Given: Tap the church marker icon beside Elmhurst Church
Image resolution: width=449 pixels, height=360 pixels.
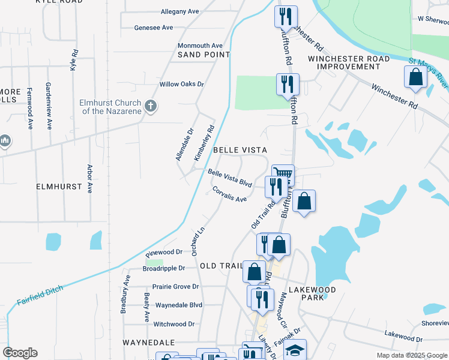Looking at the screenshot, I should (x=151, y=106).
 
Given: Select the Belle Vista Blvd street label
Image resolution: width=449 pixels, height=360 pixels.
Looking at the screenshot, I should (x=229, y=178).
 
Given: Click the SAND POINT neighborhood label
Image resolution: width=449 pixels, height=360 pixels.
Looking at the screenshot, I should (x=203, y=55).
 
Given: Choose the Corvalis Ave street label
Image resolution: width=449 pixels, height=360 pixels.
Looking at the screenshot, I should (x=229, y=194).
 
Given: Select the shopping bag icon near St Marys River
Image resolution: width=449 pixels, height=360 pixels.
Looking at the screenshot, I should (x=415, y=77).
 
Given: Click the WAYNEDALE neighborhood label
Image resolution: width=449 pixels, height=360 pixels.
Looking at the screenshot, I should (x=148, y=342).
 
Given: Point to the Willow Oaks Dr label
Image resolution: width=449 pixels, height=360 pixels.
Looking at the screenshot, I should (x=181, y=85).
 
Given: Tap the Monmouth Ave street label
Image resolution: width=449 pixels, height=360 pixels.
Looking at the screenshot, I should (x=200, y=46).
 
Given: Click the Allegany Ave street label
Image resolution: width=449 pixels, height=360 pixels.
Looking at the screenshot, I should (x=179, y=11).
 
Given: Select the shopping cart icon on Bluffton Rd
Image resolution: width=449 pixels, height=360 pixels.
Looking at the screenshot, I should (x=284, y=175).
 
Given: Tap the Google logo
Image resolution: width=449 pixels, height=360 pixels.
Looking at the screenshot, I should (x=20, y=353).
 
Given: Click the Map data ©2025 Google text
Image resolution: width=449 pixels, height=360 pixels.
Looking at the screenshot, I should (x=411, y=355).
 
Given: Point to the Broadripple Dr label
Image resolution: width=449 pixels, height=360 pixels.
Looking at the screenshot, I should (x=165, y=268).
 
